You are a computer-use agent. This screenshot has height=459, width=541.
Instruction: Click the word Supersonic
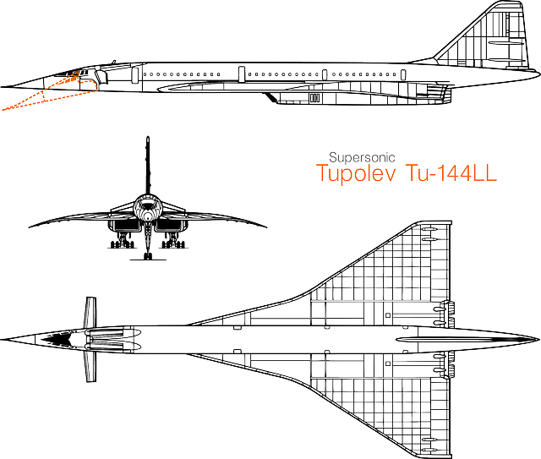pos(362,158)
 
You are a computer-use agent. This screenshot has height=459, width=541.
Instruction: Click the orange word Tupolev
pos(356,172)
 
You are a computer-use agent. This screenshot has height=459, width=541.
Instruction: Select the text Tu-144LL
pos(451,172)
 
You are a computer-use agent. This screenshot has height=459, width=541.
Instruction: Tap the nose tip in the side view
pos(2,86)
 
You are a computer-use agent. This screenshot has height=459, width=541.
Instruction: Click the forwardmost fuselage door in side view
pos(135,75)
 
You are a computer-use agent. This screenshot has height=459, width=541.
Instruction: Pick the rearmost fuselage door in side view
pos(403,74)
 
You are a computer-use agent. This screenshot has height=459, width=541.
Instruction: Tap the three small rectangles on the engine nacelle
pos(314,98)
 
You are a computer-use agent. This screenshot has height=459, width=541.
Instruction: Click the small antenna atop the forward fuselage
pos(113,62)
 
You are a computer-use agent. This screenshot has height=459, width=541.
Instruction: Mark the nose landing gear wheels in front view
pos(148,256)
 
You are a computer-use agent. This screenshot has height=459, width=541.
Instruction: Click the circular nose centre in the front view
pos(148,216)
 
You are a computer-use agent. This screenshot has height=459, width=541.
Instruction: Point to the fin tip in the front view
pos(148,138)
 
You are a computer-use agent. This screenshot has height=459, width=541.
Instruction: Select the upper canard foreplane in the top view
pos(90,312)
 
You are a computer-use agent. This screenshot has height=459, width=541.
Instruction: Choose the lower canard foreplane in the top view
pos(90,366)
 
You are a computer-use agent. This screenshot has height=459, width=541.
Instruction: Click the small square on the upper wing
pos(388,315)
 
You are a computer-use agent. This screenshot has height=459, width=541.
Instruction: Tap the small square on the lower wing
pos(388,363)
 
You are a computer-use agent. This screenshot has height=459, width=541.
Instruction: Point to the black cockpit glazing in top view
pos(57,339)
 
